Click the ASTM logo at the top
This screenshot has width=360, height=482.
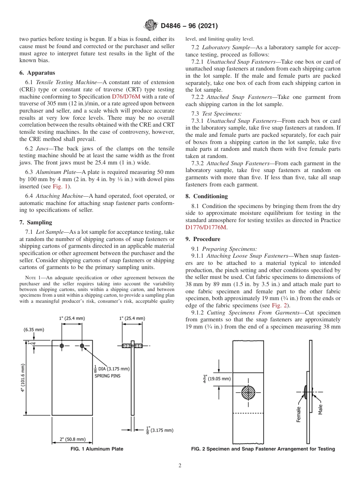[x=150, y=26]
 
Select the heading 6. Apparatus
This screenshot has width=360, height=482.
[x=37, y=73]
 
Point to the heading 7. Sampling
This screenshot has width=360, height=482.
[x=36, y=222]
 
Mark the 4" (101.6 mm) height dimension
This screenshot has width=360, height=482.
[x=23, y=378]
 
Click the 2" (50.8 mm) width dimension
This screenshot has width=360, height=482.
[x=72, y=439]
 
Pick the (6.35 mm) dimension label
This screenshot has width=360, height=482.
[x=34, y=330]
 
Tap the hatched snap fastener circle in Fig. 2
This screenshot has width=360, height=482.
[x=248, y=392]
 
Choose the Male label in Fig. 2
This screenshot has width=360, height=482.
[x=320, y=409]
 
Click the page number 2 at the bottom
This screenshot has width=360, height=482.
[x=180, y=466]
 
